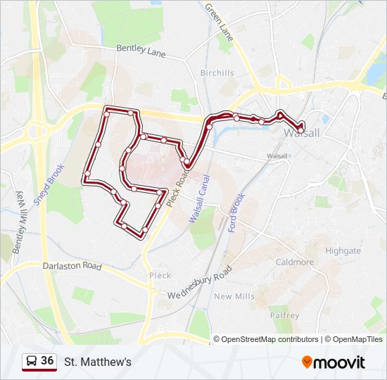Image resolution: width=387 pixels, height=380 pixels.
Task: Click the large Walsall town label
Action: (303, 133)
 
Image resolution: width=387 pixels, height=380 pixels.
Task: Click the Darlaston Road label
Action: (72, 267)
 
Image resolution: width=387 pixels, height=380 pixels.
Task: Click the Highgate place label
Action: (343, 251)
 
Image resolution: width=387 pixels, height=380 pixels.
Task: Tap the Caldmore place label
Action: (295, 262)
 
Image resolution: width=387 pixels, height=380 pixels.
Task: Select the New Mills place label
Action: (235, 296)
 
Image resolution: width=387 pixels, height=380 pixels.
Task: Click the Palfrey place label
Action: (284, 315)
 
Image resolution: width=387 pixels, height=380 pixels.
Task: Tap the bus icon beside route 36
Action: (31, 362)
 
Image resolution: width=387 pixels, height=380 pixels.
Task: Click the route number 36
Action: (47, 361)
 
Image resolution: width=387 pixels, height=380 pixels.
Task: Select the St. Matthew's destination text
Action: (98, 362)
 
